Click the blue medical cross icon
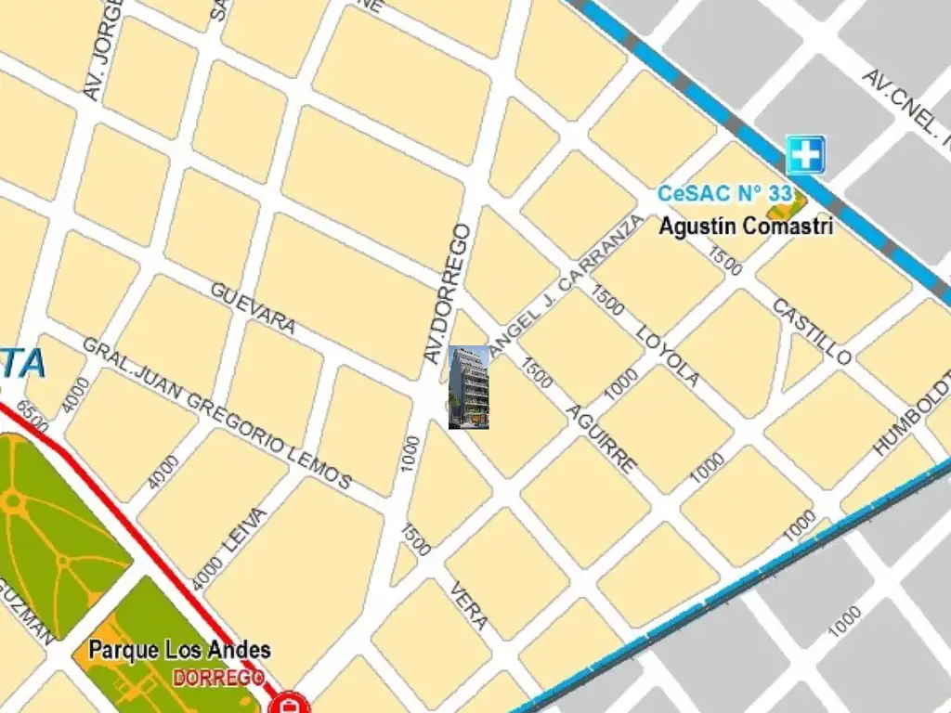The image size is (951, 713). point(804,154)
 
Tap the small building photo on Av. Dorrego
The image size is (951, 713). point(468,387)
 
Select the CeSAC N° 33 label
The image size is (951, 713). point(724,194)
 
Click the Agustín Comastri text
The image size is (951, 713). point(746,226)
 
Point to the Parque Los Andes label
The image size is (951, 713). point(180,649)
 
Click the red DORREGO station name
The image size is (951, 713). point(218,678)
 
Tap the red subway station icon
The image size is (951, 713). point(292,704)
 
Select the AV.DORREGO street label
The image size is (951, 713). point(448,292)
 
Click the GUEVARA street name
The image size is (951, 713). point(253,307)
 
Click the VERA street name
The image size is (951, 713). point(469,605)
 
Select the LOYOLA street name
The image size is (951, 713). point(669,356)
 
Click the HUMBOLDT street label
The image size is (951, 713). point(915,411)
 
